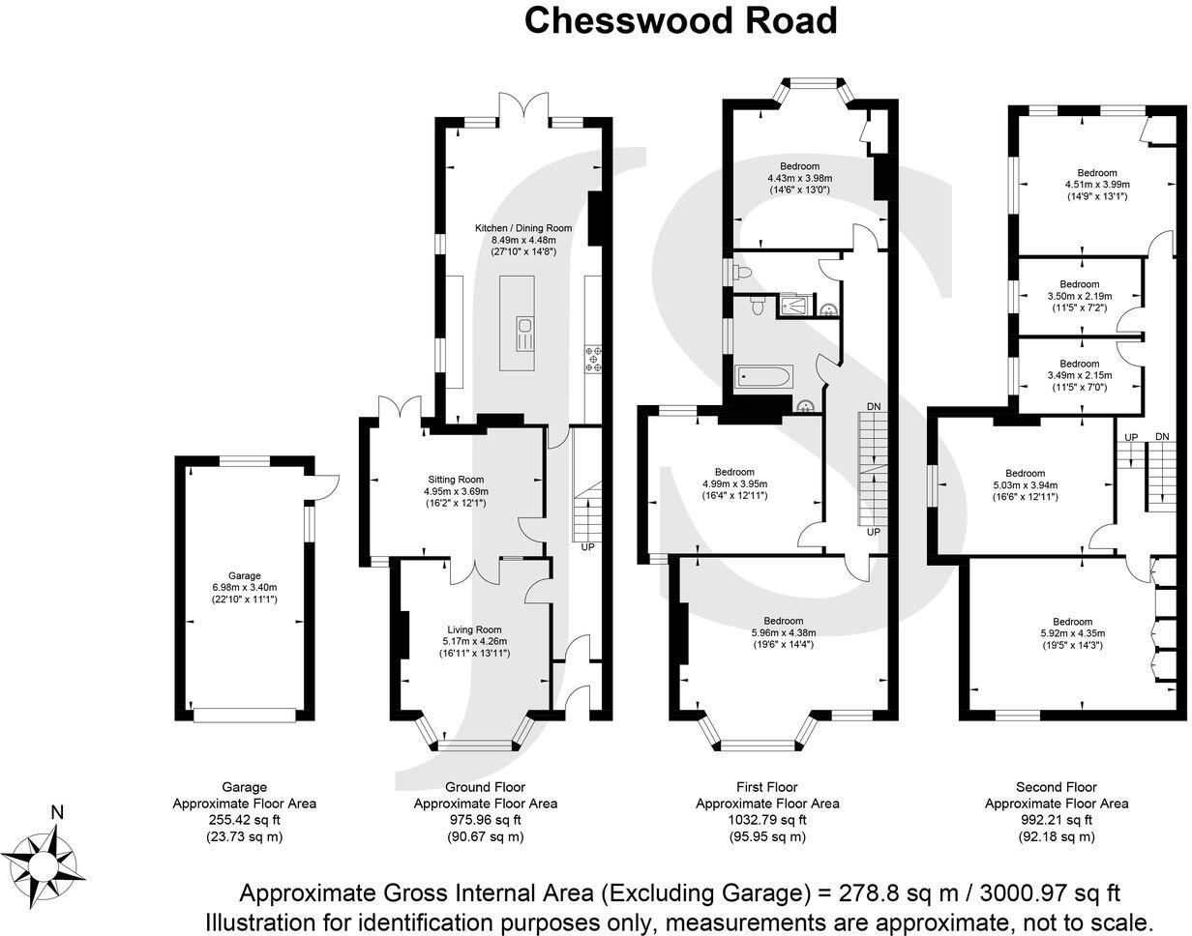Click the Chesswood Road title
pos(680,20)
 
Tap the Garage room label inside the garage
pos(245,575)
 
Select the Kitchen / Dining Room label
pos(522,228)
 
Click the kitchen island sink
pos(522,336)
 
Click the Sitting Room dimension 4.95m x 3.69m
pos(456,491)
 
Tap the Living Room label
pos(474,629)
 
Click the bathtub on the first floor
pos(763,376)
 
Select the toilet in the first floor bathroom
pos(757,305)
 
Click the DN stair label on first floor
pos(874,405)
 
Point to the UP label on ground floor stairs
pos(587,546)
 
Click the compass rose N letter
pos(57,813)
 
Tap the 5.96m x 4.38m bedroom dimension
pos(783,633)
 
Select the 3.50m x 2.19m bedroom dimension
pos(1079,296)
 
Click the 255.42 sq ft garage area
pos(244,819)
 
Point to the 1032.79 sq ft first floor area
pos(767,819)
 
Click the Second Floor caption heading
pos(1056,787)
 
